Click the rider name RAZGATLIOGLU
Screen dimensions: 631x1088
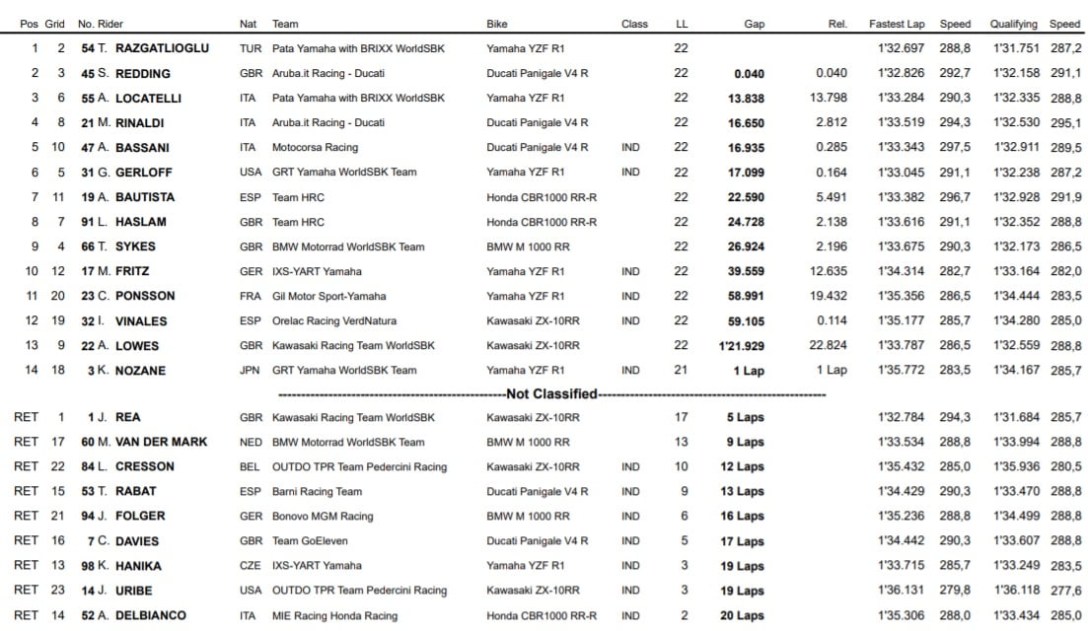(162, 48)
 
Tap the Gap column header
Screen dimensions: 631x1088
(755, 24)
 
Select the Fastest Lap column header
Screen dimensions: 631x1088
(896, 24)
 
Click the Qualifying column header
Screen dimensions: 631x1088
(1014, 24)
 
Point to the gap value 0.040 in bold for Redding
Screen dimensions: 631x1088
(749, 73)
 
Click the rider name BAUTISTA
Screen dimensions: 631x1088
(145, 197)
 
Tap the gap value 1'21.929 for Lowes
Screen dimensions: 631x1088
(741, 346)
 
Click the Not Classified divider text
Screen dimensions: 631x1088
(551, 394)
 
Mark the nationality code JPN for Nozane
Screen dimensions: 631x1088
(251, 371)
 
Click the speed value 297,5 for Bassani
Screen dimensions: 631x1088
(955, 147)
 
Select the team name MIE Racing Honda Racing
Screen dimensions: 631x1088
(335, 615)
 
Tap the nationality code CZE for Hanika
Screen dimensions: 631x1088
(251, 566)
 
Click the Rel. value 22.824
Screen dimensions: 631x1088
(828, 346)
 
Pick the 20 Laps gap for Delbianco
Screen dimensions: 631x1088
(741, 615)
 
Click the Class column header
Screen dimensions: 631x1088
(634, 24)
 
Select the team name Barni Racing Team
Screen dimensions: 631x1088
(317, 491)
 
